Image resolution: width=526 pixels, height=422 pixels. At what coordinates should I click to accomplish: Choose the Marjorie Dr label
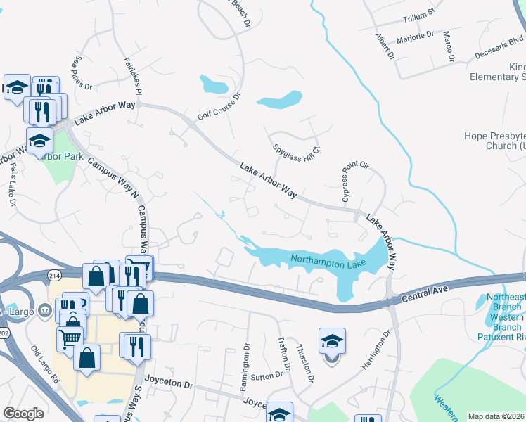pos(416,38)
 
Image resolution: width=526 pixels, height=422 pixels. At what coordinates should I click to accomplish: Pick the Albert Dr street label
pos(384,47)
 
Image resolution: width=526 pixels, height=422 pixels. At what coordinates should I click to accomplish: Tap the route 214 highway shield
pos(55,274)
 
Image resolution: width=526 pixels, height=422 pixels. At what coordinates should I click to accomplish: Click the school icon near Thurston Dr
pos(332,343)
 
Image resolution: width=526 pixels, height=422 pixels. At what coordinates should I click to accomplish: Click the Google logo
pos(23,414)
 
